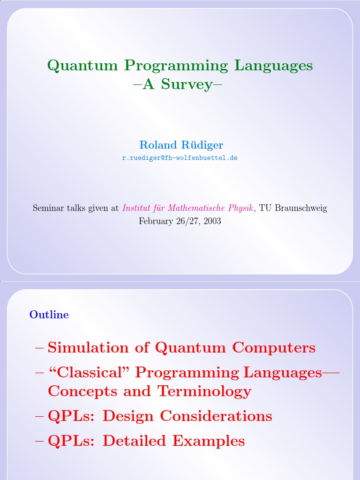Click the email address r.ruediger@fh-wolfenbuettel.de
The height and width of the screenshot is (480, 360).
point(180,158)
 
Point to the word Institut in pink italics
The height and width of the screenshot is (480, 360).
point(136,208)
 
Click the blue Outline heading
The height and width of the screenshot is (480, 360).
point(49,315)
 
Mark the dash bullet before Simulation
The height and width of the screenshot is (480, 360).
point(39,348)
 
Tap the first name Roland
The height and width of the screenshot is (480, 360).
point(157,145)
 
